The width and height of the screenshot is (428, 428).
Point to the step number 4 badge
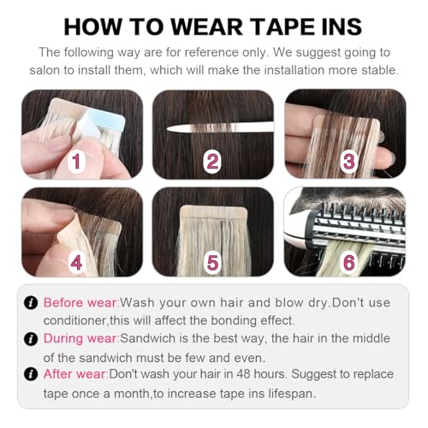[x=76, y=261]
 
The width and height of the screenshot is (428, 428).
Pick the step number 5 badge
[x=211, y=261]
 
